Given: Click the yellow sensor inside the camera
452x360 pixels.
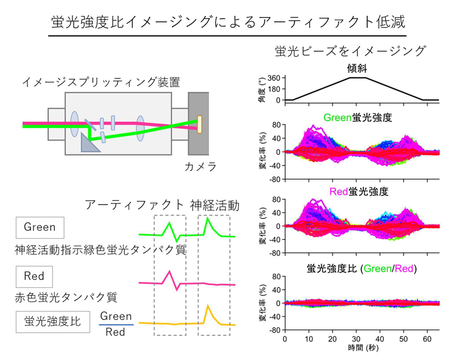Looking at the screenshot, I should coord(199,125).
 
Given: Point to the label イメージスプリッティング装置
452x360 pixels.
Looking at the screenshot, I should coord(101,83).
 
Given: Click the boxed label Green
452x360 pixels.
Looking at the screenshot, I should coord(40,227).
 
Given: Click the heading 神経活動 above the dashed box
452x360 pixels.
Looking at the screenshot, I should coord(214,206).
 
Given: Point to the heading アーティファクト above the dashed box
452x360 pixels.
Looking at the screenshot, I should coord(134,206).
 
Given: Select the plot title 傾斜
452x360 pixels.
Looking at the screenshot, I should coord(357,69).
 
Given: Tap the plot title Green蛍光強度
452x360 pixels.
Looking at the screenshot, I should coord(357,118).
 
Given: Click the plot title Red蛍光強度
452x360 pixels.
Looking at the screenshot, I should coord(357,192).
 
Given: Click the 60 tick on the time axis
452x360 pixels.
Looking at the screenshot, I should coord(428,338).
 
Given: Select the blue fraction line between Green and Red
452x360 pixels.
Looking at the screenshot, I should coord(116,324).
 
